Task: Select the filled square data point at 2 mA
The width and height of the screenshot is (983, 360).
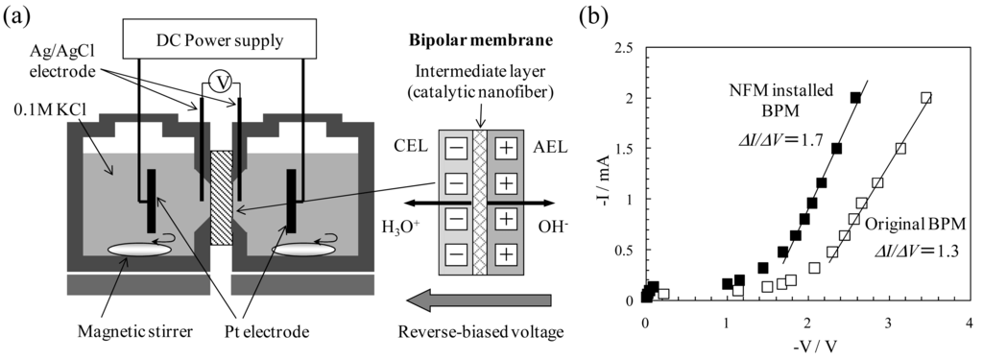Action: (x=855, y=98)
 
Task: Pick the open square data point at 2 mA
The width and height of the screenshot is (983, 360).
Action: (x=926, y=98)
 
